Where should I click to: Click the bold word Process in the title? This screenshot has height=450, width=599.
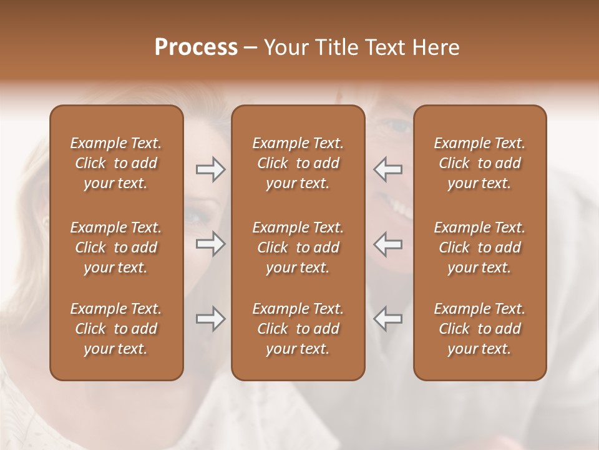[x=196, y=47]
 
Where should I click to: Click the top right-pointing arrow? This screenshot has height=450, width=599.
[x=210, y=169]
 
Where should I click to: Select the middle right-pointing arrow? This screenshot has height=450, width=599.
[x=210, y=244]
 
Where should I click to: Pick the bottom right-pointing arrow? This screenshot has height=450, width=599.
[x=210, y=319]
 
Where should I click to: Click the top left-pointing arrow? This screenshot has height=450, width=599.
[x=387, y=169]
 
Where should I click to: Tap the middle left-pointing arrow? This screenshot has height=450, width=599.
[x=387, y=244]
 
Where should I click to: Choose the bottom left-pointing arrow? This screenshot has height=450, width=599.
[x=387, y=319]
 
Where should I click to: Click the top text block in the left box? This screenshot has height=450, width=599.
[x=116, y=163]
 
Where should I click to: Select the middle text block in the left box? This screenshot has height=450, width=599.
[x=116, y=247]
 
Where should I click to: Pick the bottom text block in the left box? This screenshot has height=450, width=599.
[x=116, y=329]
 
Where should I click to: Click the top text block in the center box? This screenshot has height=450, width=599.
[x=298, y=163]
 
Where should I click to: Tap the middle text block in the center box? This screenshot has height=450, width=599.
[x=298, y=247]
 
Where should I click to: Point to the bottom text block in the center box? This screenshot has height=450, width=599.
[x=298, y=329]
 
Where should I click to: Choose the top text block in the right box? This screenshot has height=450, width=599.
[x=479, y=163]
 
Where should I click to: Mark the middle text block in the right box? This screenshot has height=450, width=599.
[x=479, y=247]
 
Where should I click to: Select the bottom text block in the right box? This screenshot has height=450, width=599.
[x=479, y=329]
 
